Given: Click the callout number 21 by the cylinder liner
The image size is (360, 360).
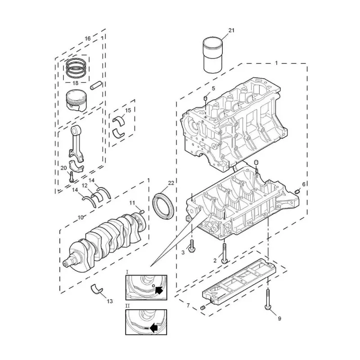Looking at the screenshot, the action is (x=231, y=30).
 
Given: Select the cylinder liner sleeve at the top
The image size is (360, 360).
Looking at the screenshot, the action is (x=213, y=55).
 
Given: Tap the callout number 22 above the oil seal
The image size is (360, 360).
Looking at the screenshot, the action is (x=171, y=183).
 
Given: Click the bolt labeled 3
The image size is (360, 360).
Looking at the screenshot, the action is (x=192, y=247).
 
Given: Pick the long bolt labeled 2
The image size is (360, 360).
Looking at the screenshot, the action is (x=224, y=254).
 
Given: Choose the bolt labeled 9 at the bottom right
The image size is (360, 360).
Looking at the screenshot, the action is (x=268, y=299).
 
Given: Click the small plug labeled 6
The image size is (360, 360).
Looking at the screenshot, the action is (x=297, y=191).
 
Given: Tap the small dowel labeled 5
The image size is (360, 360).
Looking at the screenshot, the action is (x=206, y=98).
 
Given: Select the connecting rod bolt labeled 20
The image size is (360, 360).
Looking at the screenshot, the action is (x=71, y=177).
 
